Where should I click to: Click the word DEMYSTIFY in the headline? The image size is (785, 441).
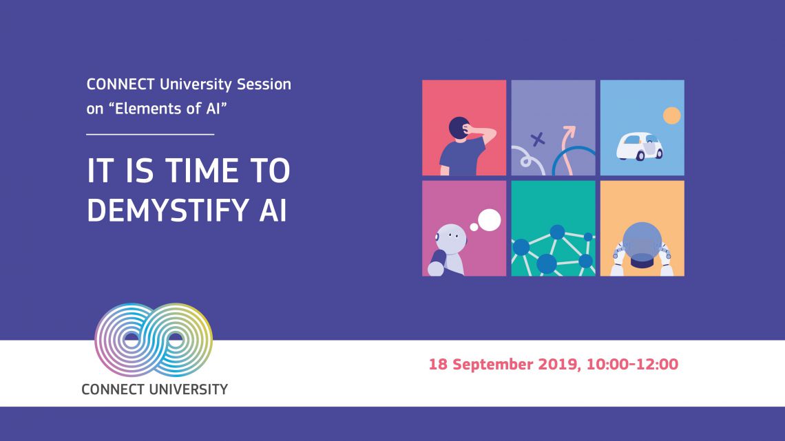pyautogui.click(x=168, y=210)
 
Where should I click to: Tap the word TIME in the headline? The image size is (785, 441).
pyautogui.click(x=201, y=171)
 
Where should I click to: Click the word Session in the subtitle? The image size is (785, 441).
pyautogui.click(x=264, y=84)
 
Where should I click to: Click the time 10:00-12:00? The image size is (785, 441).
pyautogui.click(x=632, y=364)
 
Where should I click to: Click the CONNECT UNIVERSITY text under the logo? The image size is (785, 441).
pyautogui.click(x=155, y=389)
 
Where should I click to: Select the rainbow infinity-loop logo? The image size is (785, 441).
pyautogui.click(x=154, y=340)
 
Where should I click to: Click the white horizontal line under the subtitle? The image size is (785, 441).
pyautogui.click(x=150, y=134)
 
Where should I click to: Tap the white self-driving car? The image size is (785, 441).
pyautogui.click(x=639, y=146)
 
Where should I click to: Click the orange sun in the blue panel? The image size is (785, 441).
pyautogui.click(x=671, y=116)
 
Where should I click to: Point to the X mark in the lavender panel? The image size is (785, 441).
pyautogui.click(x=538, y=139)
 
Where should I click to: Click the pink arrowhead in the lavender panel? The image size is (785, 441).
pyautogui.click(x=569, y=131)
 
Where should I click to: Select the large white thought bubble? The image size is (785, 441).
pyautogui.click(x=489, y=220)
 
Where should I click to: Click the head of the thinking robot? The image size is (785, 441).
pyautogui.click(x=451, y=237)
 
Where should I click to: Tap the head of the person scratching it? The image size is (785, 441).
pyautogui.click(x=459, y=129)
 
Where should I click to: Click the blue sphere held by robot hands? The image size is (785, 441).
pyautogui.click(x=642, y=242)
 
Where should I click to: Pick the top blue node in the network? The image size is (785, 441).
pyautogui.click(x=557, y=232)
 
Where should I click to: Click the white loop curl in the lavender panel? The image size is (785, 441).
pyautogui.click(x=525, y=162)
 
